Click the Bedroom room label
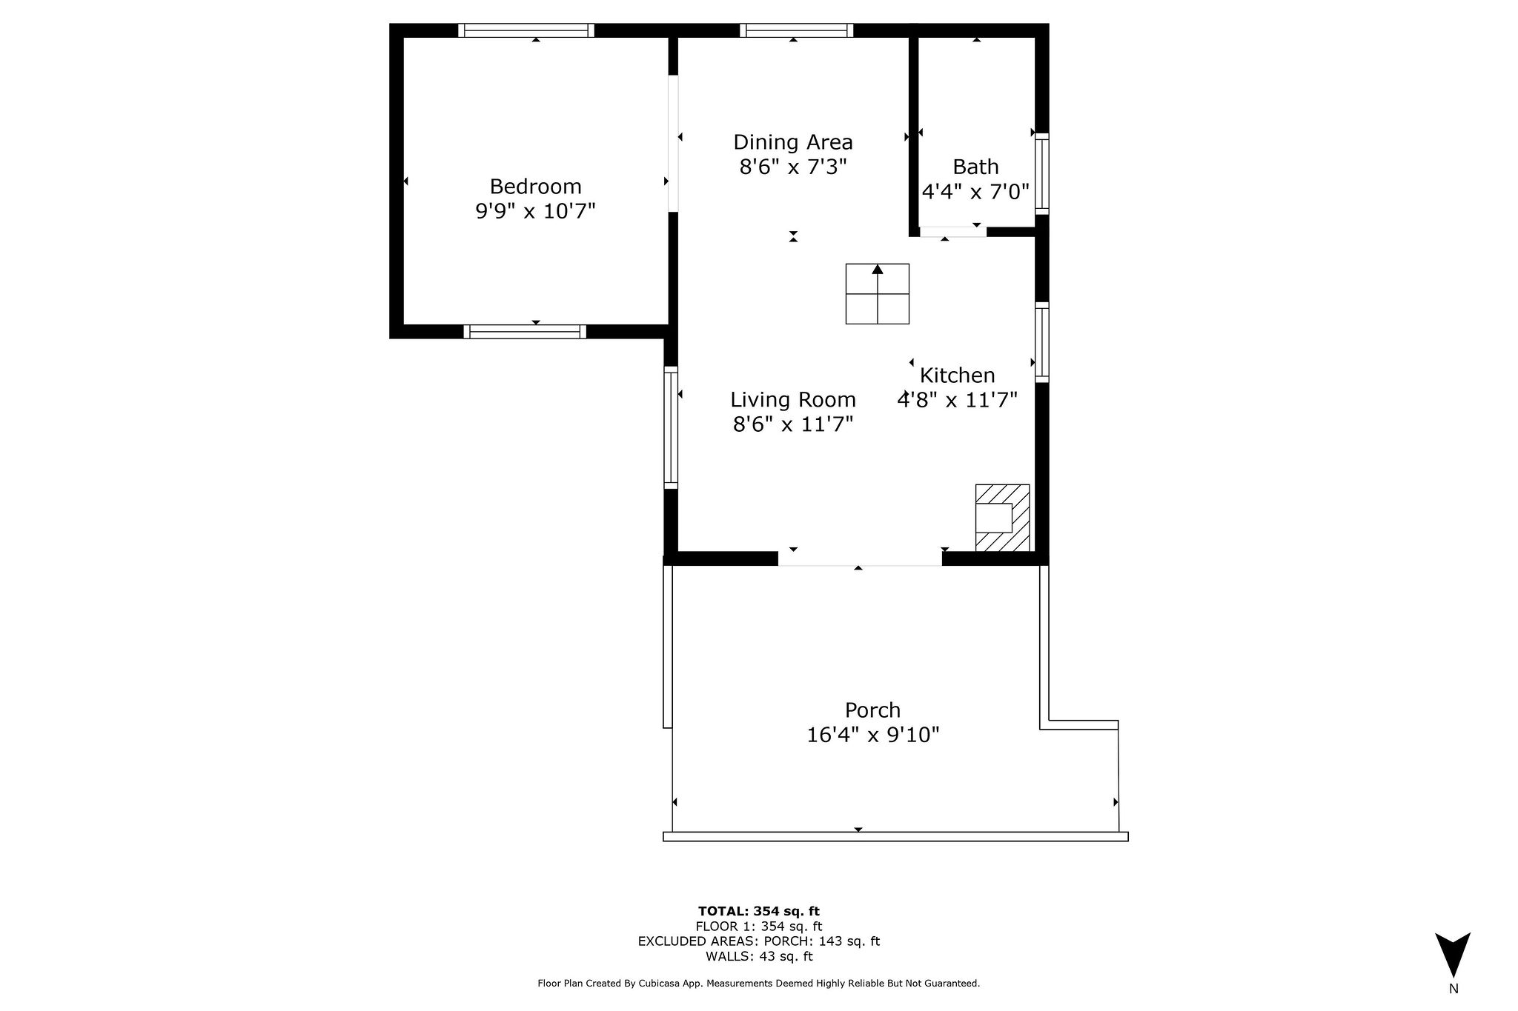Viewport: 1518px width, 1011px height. (x=535, y=186)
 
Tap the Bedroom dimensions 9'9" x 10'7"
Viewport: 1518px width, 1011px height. (x=535, y=212)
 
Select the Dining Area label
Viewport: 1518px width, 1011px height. (x=793, y=141)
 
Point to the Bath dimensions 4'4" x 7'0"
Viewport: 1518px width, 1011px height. (x=975, y=193)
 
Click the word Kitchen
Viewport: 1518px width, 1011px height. (x=957, y=375)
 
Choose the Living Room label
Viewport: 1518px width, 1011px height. (x=793, y=400)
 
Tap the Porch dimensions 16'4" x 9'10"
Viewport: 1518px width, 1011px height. (x=873, y=735)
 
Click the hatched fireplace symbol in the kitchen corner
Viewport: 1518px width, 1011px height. (x=1002, y=518)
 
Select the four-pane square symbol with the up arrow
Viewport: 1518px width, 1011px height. (x=878, y=294)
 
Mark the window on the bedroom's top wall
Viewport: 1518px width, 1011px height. (x=526, y=30)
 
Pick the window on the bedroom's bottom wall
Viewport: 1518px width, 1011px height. (x=525, y=332)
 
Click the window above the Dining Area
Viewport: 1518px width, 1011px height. (x=796, y=30)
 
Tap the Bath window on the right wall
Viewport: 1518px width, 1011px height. (x=1041, y=174)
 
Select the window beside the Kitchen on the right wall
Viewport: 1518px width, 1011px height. (x=1041, y=342)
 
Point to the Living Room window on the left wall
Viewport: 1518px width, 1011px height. (x=671, y=427)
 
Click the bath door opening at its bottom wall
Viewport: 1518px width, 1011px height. (x=952, y=232)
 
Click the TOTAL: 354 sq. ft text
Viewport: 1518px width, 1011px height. (x=758, y=911)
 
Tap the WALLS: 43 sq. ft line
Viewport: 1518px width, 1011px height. (x=758, y=956)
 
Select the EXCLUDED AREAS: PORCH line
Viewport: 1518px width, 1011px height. (x=758, y=941)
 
